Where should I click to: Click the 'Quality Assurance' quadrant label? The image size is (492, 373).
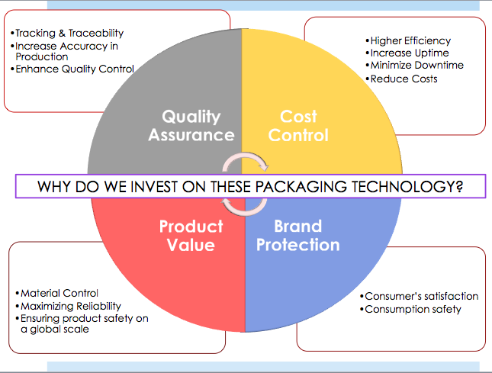191,126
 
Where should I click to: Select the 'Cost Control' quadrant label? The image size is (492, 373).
298,126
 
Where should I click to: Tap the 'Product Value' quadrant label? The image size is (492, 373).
191,236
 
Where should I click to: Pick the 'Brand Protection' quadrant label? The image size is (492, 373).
298,235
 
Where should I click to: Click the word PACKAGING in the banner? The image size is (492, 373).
301,186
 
